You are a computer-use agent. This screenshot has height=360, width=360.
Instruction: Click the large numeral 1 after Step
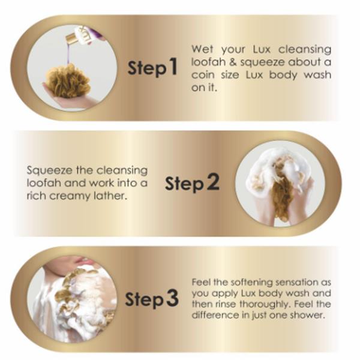point(173,67)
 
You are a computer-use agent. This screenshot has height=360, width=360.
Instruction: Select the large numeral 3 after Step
point(172,298)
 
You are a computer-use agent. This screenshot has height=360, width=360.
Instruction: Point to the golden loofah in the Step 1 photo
point(68,80)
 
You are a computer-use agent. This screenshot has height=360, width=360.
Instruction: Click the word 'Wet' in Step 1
point(202,49)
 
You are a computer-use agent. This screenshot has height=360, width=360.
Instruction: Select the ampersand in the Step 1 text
point(233,62)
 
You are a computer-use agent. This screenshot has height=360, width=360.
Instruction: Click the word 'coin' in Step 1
point(203,75)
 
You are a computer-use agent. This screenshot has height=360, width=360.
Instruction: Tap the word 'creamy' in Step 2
point(70,197)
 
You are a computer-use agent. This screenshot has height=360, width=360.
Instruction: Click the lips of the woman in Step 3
point(80,260)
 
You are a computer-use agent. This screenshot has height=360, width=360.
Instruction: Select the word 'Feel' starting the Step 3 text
point(201,282)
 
